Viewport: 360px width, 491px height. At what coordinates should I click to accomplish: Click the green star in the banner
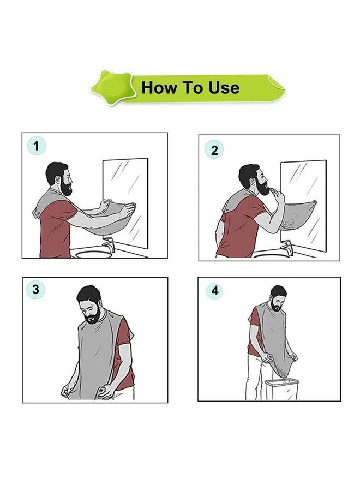(x=113, y=87)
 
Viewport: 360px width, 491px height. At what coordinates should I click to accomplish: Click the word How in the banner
(x=159, y=87)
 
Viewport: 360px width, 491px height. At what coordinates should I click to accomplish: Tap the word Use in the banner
(x=224, y=88)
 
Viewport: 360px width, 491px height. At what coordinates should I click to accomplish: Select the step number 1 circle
(x=37, y=146)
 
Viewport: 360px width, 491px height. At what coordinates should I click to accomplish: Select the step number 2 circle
(x=214, y=150)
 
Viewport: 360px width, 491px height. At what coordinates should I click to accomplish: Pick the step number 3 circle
(x=35, y=289)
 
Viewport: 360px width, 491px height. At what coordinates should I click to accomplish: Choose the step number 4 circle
(x=215, y=291)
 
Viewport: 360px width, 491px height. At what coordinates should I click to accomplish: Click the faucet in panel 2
(x=287, y=248)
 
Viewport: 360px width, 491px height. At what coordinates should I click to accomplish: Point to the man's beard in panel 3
(x=93, y=316)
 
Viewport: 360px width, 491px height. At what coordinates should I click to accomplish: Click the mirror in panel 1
(x=125, y=203)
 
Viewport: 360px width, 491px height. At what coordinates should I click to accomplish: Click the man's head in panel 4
(x=278, y=298)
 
